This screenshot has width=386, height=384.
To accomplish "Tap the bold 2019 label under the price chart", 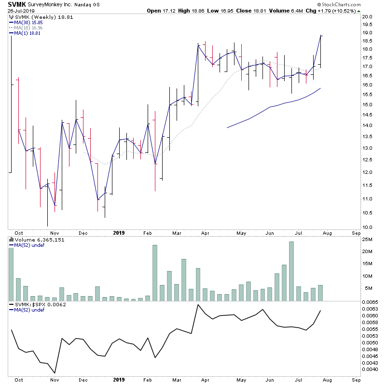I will click(119, 233).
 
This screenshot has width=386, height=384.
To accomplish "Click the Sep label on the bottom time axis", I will click(356, 233).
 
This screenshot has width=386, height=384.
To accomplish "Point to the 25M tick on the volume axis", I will click(368, 240).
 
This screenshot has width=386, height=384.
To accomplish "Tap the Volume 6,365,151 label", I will click(35, 239).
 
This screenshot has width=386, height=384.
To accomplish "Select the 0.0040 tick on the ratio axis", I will click(370, 370).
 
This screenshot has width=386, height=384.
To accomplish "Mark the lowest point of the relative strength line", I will click(55, 372).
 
